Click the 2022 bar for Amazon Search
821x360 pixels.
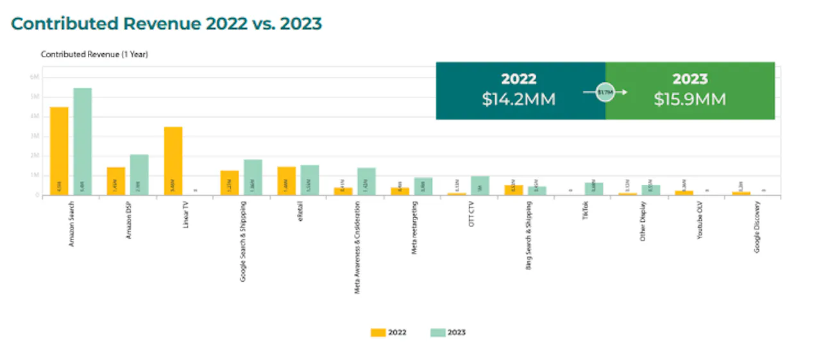59,151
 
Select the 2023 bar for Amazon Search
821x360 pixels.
83,142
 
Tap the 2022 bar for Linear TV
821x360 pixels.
173,161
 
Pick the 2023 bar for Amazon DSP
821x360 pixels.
139,175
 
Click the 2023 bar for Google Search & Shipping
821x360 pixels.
253,177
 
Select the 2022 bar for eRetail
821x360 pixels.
287,181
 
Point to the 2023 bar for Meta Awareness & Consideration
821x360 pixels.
366,182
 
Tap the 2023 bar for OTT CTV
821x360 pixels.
480,185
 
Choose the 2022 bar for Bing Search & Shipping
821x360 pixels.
514,190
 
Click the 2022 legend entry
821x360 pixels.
388,332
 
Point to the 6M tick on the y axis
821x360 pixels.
35,76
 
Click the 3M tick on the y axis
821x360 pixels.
35,136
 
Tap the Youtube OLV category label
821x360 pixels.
700,221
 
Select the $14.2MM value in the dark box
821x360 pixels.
519,100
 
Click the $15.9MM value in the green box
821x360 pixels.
690,100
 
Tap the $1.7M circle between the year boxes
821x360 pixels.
605,92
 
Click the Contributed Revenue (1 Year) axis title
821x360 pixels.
94,55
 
